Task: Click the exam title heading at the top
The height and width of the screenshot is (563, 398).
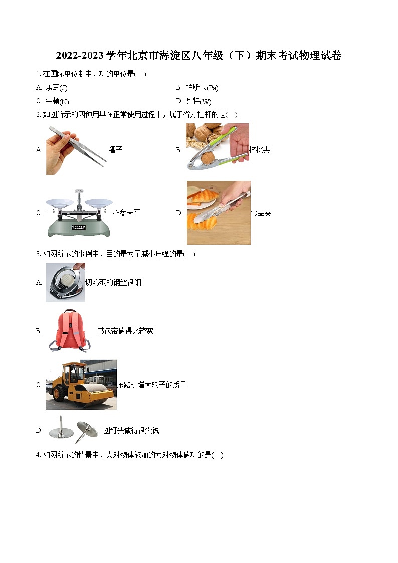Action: coord(198,56)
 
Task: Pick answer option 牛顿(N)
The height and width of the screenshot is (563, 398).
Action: coord(57,101)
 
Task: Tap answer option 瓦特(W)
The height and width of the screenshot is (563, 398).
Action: coord(198,101)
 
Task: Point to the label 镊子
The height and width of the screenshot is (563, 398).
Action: coord(115,150)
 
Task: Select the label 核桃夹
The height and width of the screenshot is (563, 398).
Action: coord(259,150)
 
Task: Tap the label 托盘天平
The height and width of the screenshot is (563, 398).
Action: coord(126,213)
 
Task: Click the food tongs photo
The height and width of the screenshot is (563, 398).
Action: coord(219,213)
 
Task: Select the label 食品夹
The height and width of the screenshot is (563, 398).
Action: coord(261,213)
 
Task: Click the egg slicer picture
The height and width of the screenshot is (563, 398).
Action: coord(65,283)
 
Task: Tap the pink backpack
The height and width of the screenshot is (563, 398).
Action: coord(68,330)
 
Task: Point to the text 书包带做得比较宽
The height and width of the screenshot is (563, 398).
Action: coord(125,331)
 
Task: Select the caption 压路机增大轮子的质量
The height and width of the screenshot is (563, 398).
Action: coord(152,385)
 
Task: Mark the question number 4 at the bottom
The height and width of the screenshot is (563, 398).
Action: coord(38,455)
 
